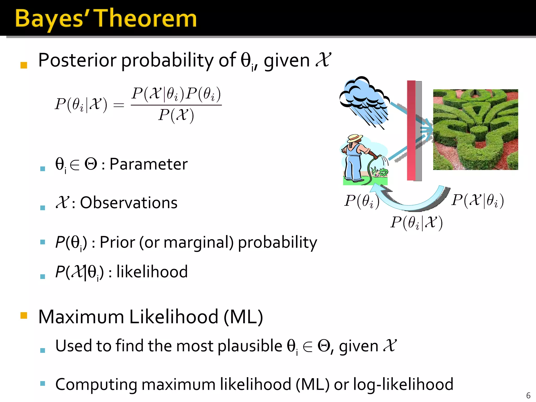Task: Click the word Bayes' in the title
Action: click(50, 19)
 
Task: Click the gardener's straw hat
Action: click(355, 138)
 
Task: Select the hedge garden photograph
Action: click(475, 130)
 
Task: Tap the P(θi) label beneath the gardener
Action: click(361, 201)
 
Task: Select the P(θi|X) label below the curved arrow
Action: click(416, 223)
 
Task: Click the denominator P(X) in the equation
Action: click(176, 115)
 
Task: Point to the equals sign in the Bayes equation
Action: click(119, 105)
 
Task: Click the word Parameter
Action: click(148, 164)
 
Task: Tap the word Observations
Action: click(129, 203)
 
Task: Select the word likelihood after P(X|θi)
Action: click(152, 272)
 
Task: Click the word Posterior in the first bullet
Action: click(77, 60)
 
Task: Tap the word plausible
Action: click(250, 346)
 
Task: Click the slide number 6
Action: click(528, 395)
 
